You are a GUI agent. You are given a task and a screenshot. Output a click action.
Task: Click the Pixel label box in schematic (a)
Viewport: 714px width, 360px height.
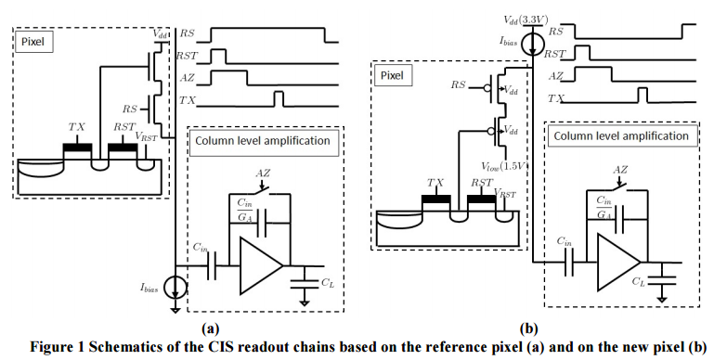pos(33,42)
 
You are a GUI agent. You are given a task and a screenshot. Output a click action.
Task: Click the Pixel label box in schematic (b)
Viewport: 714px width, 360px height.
pos(393,75)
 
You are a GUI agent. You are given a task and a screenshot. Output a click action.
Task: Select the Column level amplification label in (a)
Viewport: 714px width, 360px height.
pos(263,140)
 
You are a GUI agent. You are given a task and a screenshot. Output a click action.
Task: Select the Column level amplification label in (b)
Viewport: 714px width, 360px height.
pos(621,136)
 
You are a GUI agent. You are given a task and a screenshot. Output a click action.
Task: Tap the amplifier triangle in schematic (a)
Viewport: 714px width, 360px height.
pos(261,265)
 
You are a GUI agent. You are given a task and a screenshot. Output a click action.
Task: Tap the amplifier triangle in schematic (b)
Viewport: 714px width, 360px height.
pos(618,263)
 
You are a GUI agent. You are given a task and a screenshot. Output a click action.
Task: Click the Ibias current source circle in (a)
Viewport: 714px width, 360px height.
pos(175,288)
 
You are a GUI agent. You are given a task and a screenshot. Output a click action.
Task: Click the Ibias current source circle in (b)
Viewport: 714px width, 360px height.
pos(531,45)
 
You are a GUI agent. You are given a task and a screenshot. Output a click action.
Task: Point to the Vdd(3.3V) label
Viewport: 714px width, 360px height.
pos(526,19)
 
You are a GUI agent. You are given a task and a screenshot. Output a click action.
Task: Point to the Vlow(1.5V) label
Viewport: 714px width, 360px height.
pos(503,167)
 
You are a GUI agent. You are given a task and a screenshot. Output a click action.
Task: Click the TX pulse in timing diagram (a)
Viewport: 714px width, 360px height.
pos(279,99)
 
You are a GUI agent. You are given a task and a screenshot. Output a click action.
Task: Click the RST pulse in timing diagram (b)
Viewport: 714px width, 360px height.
pos(582,53)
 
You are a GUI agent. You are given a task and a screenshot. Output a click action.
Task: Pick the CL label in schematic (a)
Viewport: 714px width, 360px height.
pos(328,283)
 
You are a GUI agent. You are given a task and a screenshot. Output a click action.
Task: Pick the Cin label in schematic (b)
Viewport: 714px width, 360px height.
pos(565,241)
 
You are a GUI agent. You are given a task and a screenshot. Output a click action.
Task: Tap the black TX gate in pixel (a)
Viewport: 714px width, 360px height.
pos(77,148)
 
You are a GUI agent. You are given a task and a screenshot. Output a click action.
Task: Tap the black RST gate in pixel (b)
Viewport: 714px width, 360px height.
pos(482,199)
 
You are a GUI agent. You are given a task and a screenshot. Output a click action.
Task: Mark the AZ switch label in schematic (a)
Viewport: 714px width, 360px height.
pos(263,173)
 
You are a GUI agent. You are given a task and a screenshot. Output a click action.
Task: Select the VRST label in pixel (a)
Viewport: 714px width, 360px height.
pos(146,136)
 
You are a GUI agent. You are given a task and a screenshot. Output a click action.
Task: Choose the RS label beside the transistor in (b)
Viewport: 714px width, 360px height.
pos(459,84)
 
